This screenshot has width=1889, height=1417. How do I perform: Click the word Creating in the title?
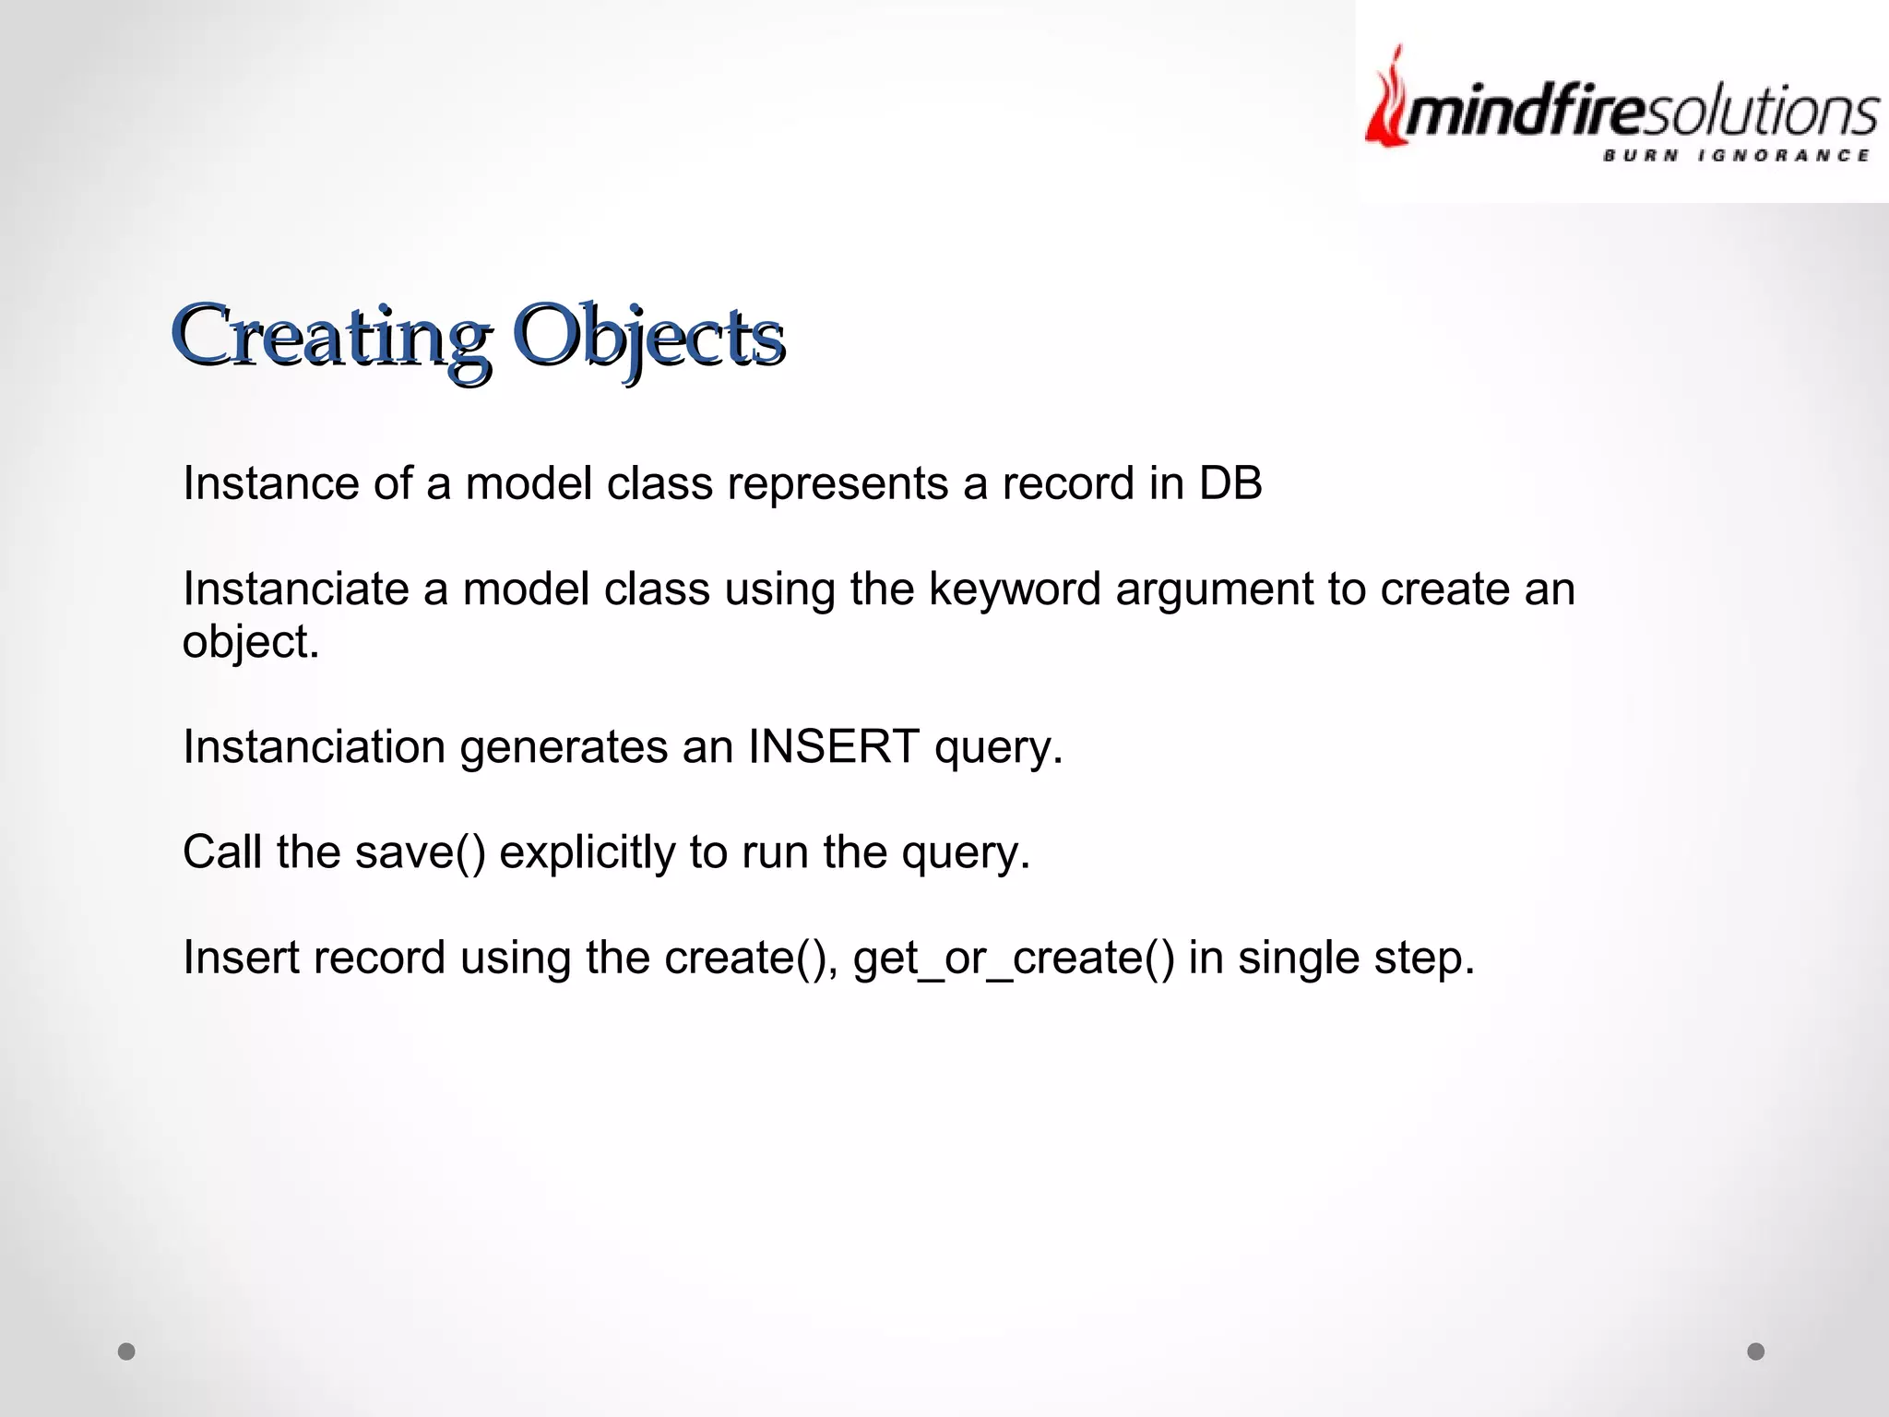[330, 337]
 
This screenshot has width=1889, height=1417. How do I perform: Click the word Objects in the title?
[647, 337]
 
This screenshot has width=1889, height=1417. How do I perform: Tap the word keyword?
[1014, 589]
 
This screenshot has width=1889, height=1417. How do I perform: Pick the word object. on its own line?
[250, 642]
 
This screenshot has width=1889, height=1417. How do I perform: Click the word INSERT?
[833, 746]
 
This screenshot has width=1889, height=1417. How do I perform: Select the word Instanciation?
[314, 746]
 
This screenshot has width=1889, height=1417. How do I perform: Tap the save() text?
[419, 852]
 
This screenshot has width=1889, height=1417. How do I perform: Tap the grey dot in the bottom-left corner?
[127, 1352]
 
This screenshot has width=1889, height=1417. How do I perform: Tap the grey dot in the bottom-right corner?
[1755, 1352]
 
